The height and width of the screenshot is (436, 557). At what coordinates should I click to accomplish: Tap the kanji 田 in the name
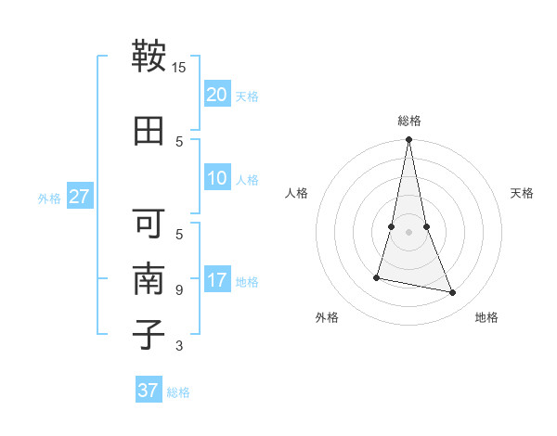[x=149, y=130]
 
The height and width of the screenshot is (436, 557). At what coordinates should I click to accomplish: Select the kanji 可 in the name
[x=149, y=224]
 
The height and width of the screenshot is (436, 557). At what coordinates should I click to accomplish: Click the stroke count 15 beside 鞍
[x=179, y=68]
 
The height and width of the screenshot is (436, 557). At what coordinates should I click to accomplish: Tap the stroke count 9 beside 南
[x=179, y=290]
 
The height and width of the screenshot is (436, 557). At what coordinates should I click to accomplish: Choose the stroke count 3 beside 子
[x=179, y=346]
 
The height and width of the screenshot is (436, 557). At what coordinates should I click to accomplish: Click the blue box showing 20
[x=217, y=95]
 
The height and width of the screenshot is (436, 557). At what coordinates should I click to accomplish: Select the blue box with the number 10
[x=217, y=178]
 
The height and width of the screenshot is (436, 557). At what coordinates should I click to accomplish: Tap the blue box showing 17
[x=217, y=280]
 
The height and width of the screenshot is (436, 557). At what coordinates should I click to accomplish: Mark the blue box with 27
[x=80, y=197]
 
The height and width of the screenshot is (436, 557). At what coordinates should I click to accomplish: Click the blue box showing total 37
[x=149, y=391]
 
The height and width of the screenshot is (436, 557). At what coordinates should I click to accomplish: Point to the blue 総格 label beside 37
[x=178, y=392]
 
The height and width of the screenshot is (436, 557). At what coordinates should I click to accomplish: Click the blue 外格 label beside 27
[x=49, y=199]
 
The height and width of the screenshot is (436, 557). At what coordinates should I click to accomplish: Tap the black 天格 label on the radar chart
[x=523, y=193]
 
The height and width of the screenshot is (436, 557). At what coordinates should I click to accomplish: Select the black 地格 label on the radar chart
[x=486, y=317]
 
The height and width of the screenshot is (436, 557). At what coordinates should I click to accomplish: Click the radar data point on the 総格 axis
[x=408, y=140]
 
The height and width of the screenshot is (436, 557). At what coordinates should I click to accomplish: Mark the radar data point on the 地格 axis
[x=453, y=293]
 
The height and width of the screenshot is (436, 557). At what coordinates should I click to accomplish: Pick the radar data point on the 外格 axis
[x=377, y=277]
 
